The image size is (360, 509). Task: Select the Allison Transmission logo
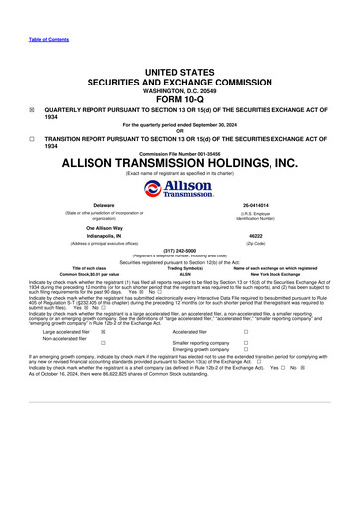[x=179, y=189]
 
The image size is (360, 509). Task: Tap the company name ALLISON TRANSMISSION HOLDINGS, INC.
[x=179, y=162]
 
